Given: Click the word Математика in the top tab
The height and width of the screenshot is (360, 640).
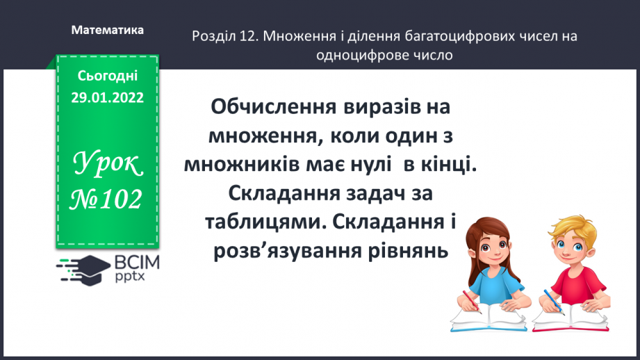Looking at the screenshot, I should [108, 31].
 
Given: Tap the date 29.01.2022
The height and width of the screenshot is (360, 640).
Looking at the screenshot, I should [107, 98].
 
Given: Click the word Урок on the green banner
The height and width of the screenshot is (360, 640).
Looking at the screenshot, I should [108, 165].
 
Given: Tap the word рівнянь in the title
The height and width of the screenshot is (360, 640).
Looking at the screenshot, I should [407, 250].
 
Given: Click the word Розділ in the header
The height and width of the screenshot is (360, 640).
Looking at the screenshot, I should [211, 36].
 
